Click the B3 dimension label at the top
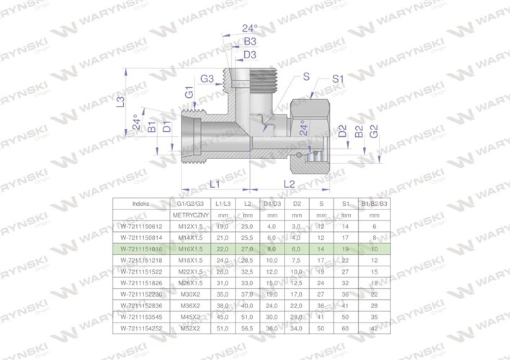250,42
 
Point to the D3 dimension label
250,55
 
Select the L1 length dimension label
213,185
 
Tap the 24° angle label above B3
249,27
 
